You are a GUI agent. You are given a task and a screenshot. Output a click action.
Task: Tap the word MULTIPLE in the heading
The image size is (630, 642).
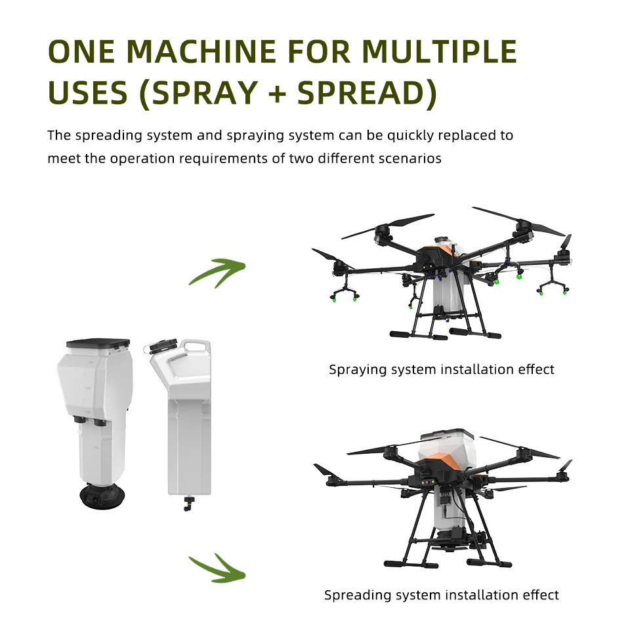click(x=440, y=52)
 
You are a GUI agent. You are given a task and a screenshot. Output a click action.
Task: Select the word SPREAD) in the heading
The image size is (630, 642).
click(x=367, y=93)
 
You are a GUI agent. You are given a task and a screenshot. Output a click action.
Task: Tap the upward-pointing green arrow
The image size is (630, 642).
click(x=217, y=271)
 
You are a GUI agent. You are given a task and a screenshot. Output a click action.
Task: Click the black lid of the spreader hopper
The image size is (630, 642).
click(x=99, y=343)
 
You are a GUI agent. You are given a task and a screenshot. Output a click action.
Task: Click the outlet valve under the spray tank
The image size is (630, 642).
click(x=188, y=503)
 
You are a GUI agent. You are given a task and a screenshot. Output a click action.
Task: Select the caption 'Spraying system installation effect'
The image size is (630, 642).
click(x=441, y=369)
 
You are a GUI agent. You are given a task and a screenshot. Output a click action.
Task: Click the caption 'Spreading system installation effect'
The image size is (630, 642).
click(x=441, y=595)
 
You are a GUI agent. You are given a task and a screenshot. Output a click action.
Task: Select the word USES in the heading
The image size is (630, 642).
click(x=87, y=93)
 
